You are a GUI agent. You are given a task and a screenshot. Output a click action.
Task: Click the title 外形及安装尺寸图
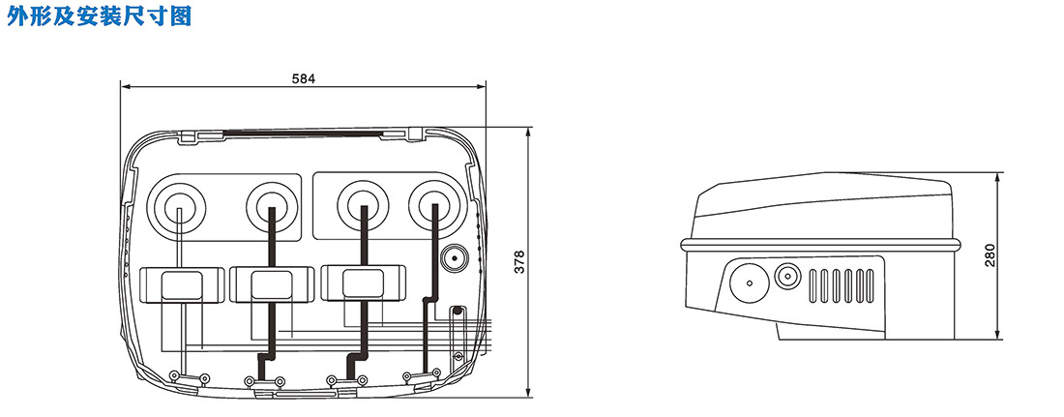pyautogui.click(x=99, y=15)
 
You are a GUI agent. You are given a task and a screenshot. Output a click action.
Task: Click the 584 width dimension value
pyautogui.click(x=304, y=78)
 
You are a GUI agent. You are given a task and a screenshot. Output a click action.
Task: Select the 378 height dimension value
pyautogui.click(x=520, y=262)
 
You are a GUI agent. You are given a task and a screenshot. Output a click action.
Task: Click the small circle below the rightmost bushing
pyautogui.click(x=454, y=258)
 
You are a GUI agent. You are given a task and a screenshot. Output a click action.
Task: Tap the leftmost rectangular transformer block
pyautogui.click(x=182, y=283)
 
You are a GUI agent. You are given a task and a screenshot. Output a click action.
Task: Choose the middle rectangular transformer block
pyautogui.click(x=272, y=283)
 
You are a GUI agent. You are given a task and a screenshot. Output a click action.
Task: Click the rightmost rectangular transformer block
pyautogui.click(x=363, y=283)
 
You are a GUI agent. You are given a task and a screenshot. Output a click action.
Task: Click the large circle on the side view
pyautogui.click(x=749, y=283)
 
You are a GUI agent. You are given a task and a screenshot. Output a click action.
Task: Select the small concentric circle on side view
pyautogui.click(x=787, y=277)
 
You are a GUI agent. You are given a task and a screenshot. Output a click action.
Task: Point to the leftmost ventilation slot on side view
pyautogui.click(x=814, y=285)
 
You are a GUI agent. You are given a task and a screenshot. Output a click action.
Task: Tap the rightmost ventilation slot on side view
pyautogui.click(x=871, y=285)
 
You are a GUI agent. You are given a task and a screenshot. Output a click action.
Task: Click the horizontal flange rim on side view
pyautogui.click(x=821, y=243)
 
